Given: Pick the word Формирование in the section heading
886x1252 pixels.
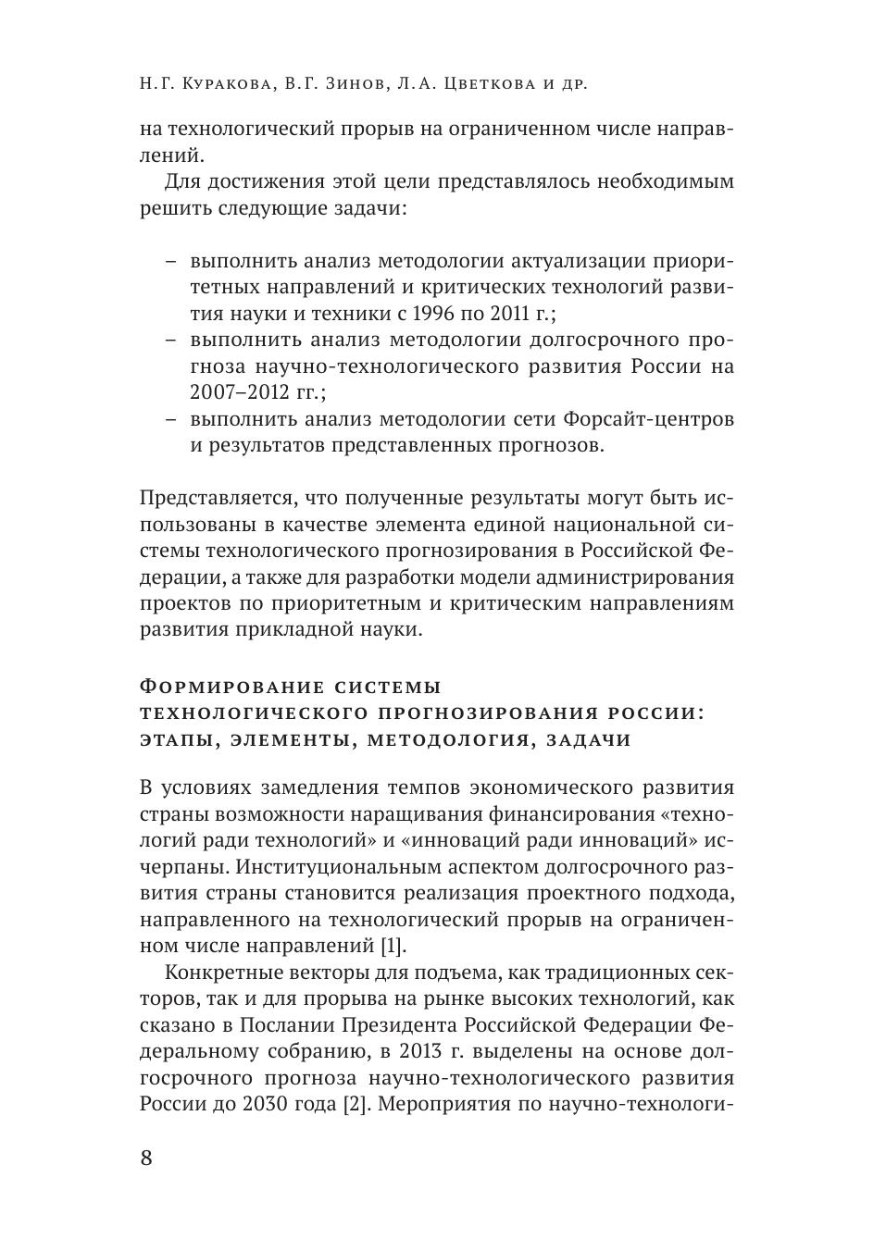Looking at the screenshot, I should pyautogui.click(x=225, y=688).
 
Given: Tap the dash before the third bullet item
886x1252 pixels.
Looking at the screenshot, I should pyautogui.click(x=172, y=419).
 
